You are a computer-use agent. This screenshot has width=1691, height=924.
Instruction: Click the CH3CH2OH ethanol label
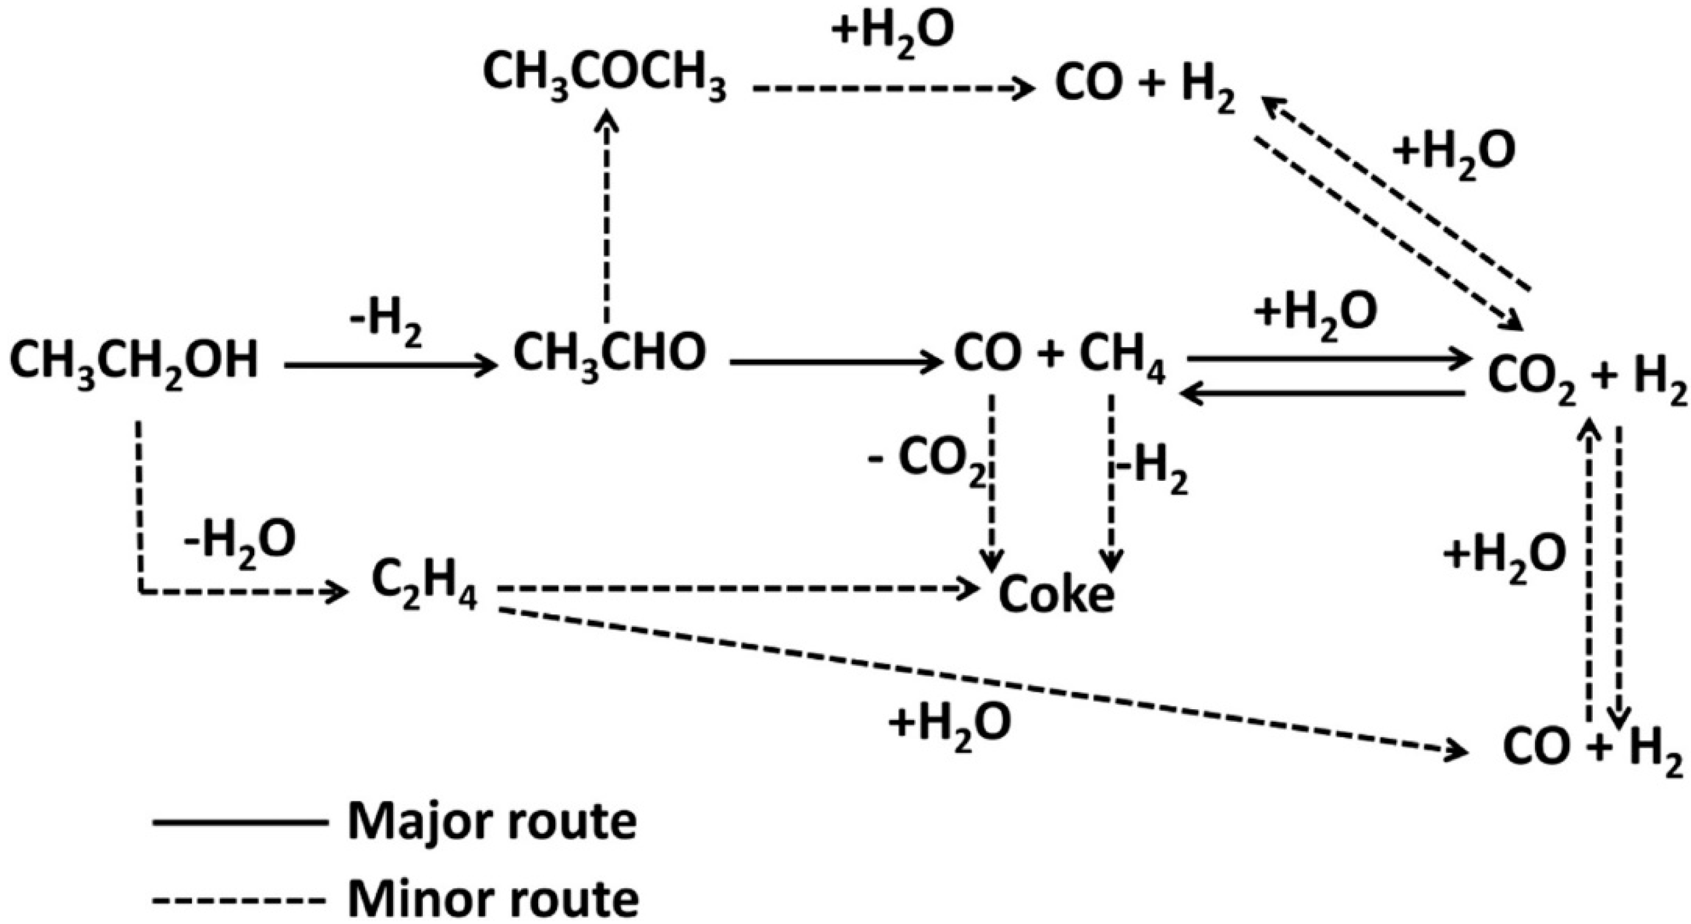tap(135, 363)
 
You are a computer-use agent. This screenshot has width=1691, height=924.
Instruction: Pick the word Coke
tap(1056, 594)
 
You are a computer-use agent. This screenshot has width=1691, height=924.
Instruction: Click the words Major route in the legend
tap(492, 822)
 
